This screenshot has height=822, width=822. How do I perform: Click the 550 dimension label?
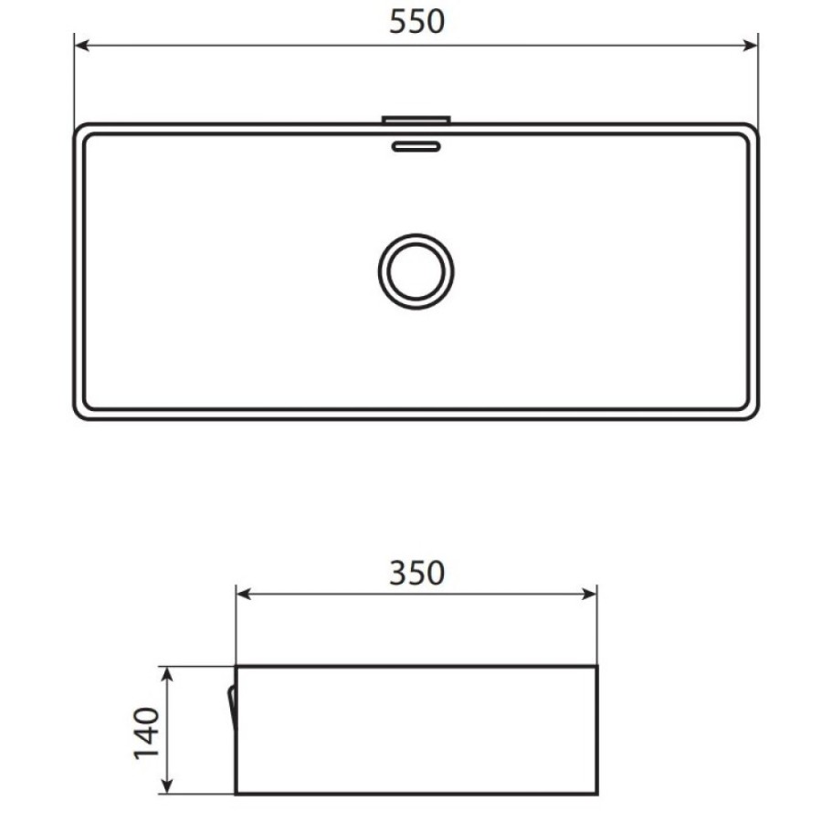[x=416, y=22]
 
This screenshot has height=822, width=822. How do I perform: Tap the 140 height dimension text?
[x=146, y=732]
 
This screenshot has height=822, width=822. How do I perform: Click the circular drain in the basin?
[x=416, y=271]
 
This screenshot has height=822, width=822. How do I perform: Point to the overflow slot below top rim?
[x=416, y=146]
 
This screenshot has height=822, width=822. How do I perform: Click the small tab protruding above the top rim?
[x=416, y=120]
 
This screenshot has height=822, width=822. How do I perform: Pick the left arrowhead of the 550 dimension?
[x=82, y=46]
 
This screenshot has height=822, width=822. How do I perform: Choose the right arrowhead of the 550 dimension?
[x=750, y=46]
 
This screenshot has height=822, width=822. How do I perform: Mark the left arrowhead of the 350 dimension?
[x=244, y=594]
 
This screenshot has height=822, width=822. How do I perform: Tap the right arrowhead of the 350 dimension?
[x=589, y=594]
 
